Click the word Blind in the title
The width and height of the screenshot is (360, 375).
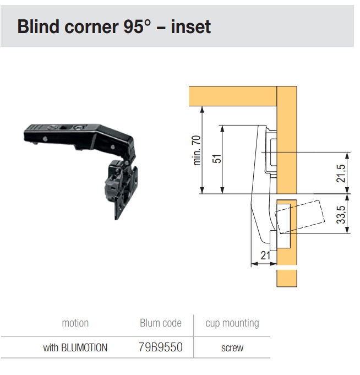[x=38, y=26]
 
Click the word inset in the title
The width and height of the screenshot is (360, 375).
[x=191, y=26]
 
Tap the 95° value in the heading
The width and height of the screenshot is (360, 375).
[x=137, y=26]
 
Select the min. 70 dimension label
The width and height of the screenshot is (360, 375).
[x=197, y=150]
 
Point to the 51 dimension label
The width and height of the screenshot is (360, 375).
[x=217, y=159]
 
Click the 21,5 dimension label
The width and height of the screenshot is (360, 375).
[x=341, y=173]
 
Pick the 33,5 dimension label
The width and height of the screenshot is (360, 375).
[x=341, y=215]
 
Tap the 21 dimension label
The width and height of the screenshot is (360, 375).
[x=265, y=256]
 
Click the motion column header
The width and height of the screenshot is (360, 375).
[x=75, y=323]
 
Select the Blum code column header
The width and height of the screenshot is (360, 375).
[x=161, y=323]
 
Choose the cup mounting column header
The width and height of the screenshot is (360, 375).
[x=232, y=324]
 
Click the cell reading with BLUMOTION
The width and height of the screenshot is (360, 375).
[x=75, y=347]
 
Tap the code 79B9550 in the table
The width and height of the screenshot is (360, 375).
[x=161, y=347]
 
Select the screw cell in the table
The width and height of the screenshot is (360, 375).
[x=232, y=348]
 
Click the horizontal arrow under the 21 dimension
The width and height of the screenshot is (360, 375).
[x=264, y=264]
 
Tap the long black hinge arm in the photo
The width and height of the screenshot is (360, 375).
[x=79, y=138]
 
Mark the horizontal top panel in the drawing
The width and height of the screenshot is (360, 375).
[x=233, y=96]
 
